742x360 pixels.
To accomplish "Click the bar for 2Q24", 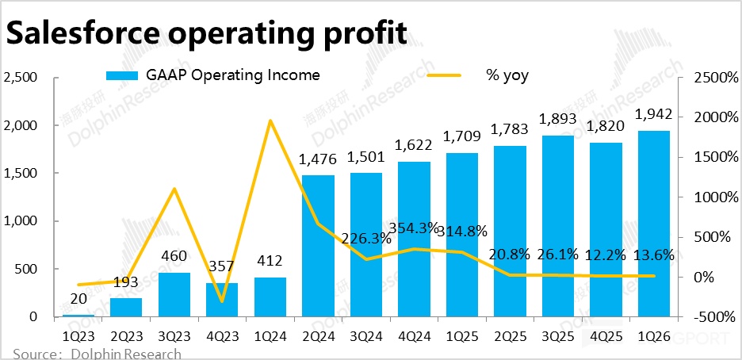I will (x=318, y=246).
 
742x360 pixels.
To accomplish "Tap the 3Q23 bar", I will (x=174, y=294).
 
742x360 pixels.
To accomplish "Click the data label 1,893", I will (x=558, y=119).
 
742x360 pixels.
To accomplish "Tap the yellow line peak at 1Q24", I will (x=270, y=121).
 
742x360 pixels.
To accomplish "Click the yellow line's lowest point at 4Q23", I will (x=222, y=301).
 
